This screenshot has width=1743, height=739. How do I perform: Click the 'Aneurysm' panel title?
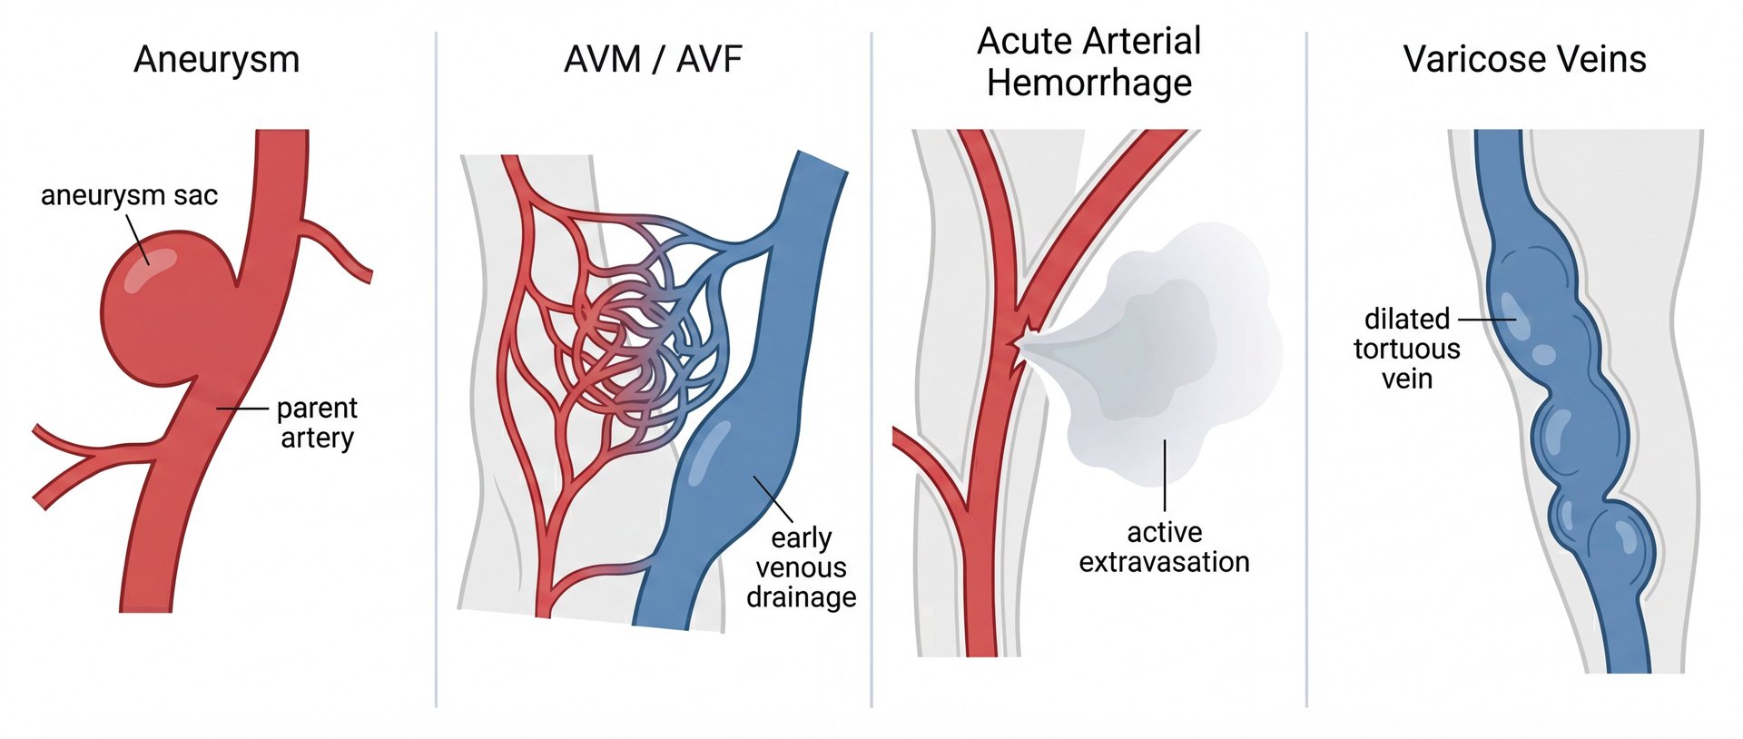216,60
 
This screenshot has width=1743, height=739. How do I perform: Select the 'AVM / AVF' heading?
653,60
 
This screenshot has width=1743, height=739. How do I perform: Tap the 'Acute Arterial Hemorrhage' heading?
1088,62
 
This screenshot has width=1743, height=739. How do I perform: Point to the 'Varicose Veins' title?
1524,60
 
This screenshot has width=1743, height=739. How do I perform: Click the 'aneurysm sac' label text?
129,195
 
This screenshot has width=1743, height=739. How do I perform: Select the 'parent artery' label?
317,423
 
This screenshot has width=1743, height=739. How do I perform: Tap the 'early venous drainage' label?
801,567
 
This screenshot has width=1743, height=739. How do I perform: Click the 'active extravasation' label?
1164,547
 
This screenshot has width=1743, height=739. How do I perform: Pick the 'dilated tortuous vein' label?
1406,349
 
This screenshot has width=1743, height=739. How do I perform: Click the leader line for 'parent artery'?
242,409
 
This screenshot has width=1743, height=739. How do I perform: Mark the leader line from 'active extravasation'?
1165,477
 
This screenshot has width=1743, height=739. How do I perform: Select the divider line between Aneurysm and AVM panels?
436,363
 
